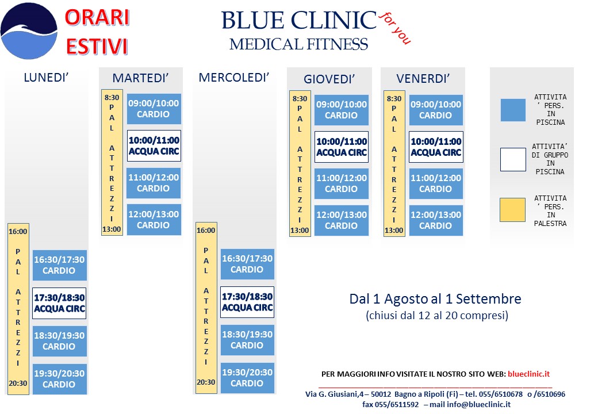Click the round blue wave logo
pos(29,31)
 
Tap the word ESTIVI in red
pos(97,47)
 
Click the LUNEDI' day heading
pos(46,78)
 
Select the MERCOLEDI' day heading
pos(234,78)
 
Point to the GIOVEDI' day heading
pos(329,79)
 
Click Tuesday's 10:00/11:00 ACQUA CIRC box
pos(154,145)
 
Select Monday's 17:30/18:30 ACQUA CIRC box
pos(59,303)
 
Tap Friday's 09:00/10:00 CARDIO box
pos(436,110)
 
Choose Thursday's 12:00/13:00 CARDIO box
pos(342,220)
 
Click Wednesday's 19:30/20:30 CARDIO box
pos(247,378)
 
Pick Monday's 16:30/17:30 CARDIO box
pos(59,265)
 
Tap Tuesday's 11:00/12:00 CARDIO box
pos(154,183)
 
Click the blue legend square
pos(513,110)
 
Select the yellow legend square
pos(512,210)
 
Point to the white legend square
pos(513,159)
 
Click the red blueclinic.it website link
pos(528,374)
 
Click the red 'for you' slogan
pos(395,28)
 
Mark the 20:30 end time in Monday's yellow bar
pos(18,383)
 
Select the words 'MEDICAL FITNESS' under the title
pos(298,44)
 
